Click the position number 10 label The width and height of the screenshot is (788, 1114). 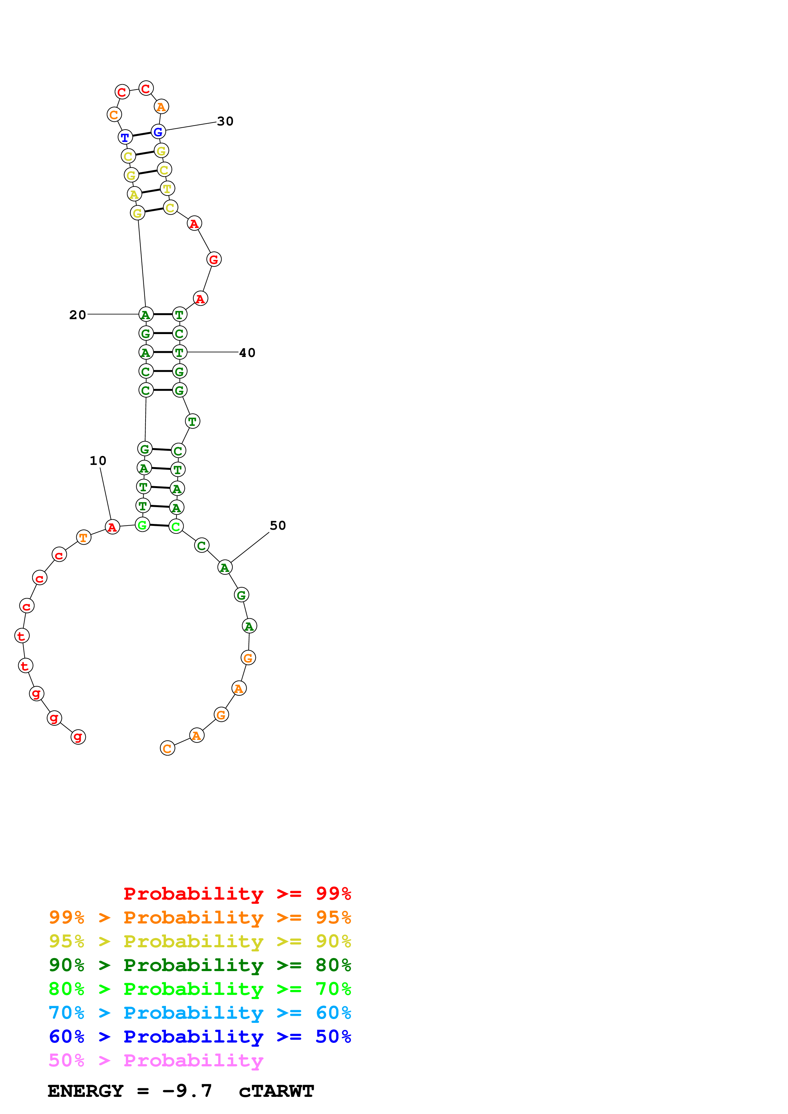pyautogui.click(x=98, y=460)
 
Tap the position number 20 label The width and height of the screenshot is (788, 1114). pyautogui.click(x=78, y=315)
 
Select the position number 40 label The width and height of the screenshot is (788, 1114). pyautogui.click(x=247, y=353)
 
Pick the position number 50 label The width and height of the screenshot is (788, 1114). pyautogui.click(x=278, y=526)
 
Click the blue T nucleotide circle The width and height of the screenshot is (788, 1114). pyautogui.click(x=125, y=137)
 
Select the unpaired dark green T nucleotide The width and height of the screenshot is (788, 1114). pyautogui.click(x=193, y=421)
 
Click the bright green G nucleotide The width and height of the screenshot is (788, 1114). pyautogui.click(x=142, y=525)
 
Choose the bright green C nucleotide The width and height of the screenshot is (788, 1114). pyautogui.click(x=176, y=527)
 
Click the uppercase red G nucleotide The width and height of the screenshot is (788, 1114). pyautogui.click(x=214, y=259)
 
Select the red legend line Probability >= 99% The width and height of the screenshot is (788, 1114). pyautogui.click(x=237, y=894)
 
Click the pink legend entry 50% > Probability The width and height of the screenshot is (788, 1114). pyautogui.click(x=156, y=1060)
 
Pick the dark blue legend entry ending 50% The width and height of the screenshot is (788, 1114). pyautogui.click(x=200, y=1037)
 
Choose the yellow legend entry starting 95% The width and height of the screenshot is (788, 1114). pyautogui.click(x=200, y=941)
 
